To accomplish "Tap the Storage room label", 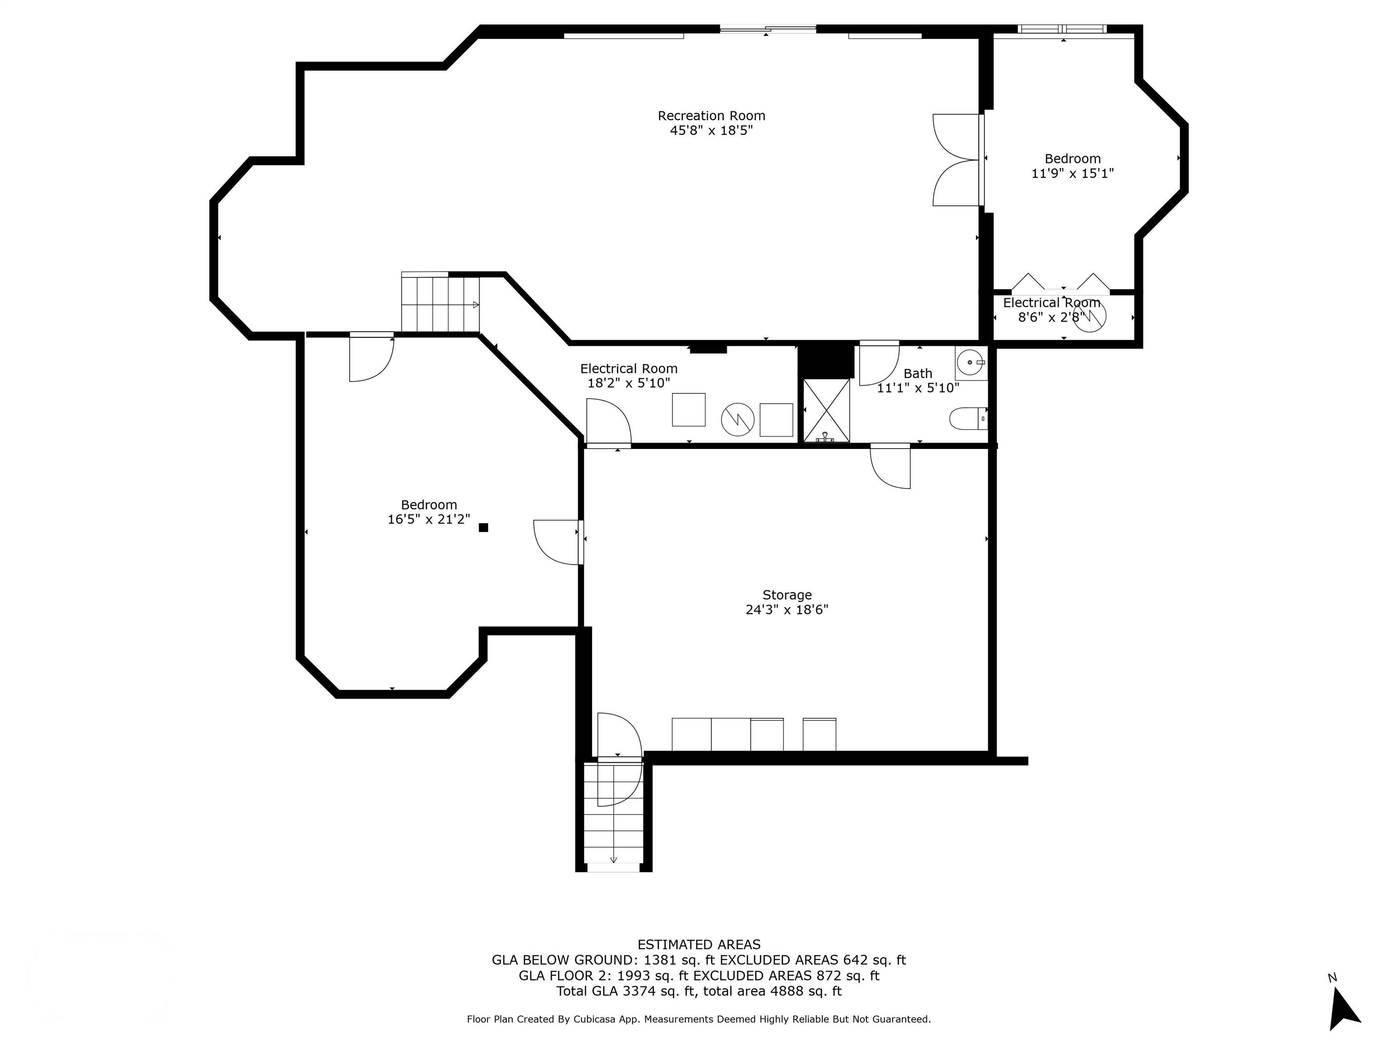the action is click(787, 595).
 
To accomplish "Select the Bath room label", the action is click(918, 373).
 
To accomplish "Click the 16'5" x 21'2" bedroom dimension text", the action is click(429, 519).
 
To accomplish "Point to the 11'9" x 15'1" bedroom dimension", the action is click(1073, 173).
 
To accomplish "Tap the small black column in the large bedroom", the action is click(483, 528).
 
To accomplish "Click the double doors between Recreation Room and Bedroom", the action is click(957, 160).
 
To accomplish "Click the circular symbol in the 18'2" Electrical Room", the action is click(738, 419).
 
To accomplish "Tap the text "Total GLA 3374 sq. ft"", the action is click(627, 991).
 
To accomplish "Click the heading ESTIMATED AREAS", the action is click(699, 944).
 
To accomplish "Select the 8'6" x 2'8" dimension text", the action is click(1051, 317).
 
